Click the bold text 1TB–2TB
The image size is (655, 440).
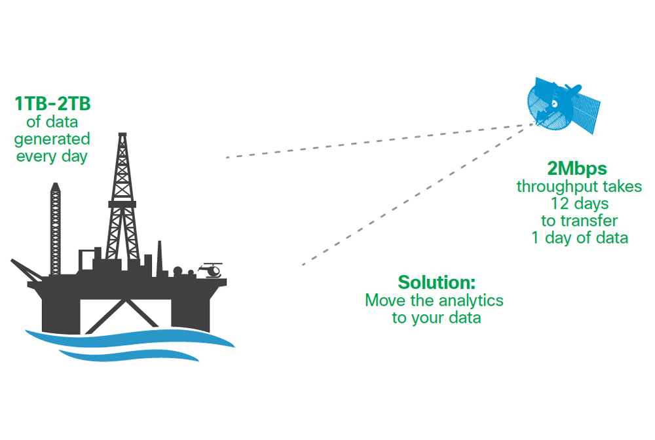[52, 104]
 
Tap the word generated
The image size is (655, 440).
[52, 139]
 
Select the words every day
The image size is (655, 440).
[52, 156]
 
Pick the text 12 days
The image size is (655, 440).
[579, 204]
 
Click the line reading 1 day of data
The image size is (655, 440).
[579, 238]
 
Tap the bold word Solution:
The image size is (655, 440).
[436, 283]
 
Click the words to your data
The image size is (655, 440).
[436, 318]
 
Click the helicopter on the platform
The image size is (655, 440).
[211, 269]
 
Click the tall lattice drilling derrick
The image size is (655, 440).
[122, 196]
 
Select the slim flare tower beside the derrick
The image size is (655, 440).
[56, 223]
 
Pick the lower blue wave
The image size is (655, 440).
[131, 354]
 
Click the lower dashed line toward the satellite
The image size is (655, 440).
[413, 196]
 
